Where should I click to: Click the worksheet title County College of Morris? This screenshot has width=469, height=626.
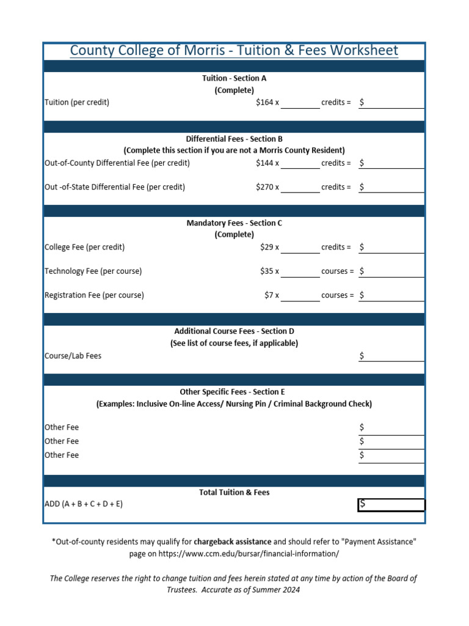click(x=234, y=51)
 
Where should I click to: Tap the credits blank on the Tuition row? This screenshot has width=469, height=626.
click(x=300, y=103)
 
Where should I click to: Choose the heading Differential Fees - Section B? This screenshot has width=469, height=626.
click(x=234, y=139)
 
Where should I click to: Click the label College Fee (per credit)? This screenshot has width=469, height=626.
click(x=85, y=247)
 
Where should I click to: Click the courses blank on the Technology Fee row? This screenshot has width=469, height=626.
click(x=300, y=271)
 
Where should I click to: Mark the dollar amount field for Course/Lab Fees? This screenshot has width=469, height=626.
click(x=391, y=356)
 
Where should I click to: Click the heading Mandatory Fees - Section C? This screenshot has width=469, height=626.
click(x=234, y=223)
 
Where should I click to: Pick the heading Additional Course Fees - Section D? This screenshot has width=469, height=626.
click(x=234, y=331)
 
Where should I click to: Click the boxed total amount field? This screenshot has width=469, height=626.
click(x=391, y=504)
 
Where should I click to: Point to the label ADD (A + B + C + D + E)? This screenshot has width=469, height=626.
click(x=87, y=504)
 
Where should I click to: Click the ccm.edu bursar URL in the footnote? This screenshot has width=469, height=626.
click(x=257, y=554)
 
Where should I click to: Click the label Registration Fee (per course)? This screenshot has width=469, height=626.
click(x=95, y=295)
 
